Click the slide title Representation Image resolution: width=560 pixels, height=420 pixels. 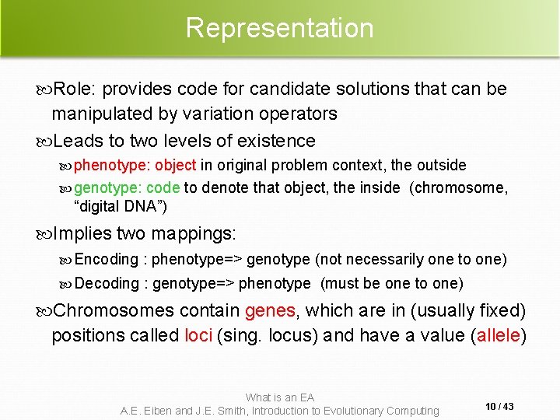point(279,28)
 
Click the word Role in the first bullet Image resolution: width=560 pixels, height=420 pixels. point(72,89)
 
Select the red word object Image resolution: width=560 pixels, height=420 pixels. point(175,165)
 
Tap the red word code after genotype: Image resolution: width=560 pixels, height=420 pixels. point(163,187)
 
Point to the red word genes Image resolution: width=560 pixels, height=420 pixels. point(270,310)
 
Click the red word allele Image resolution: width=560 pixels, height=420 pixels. point(499,335)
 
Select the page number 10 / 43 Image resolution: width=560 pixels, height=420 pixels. point(498,407)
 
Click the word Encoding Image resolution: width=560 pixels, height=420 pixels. point(106,259)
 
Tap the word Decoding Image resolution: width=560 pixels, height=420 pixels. point(107,283)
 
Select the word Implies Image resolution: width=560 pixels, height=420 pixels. point(82,233)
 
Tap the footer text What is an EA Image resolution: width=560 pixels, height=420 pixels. point(279,397)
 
